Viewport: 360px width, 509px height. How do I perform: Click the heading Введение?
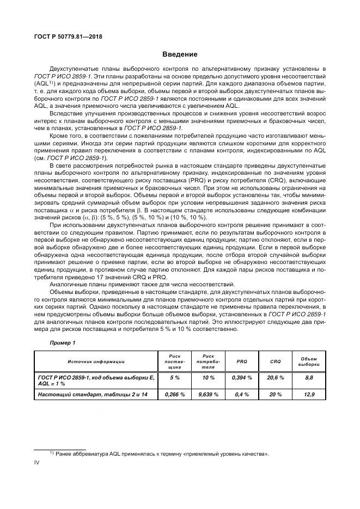click(180, 54)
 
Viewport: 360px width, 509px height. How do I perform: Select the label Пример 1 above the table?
click(63, 342)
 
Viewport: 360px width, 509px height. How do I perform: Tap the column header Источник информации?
click(96, 361)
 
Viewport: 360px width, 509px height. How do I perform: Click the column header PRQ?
click(242, 361)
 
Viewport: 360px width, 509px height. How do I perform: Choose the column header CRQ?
click(276, 361)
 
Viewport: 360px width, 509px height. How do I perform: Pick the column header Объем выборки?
click(309, 361)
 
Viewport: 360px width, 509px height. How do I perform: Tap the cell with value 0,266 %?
click(175, 393)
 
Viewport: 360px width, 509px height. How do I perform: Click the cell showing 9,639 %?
click(209, 393)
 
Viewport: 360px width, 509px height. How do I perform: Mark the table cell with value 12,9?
click(309, 393)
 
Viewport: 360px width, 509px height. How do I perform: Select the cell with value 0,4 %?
click(242, 393)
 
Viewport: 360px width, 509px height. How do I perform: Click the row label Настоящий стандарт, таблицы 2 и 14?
click(89, 393)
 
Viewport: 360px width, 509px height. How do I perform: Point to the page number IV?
click(38, 464)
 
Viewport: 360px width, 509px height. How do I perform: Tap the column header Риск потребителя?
click(209, 361)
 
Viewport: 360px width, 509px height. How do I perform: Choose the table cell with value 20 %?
click(276, 393)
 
